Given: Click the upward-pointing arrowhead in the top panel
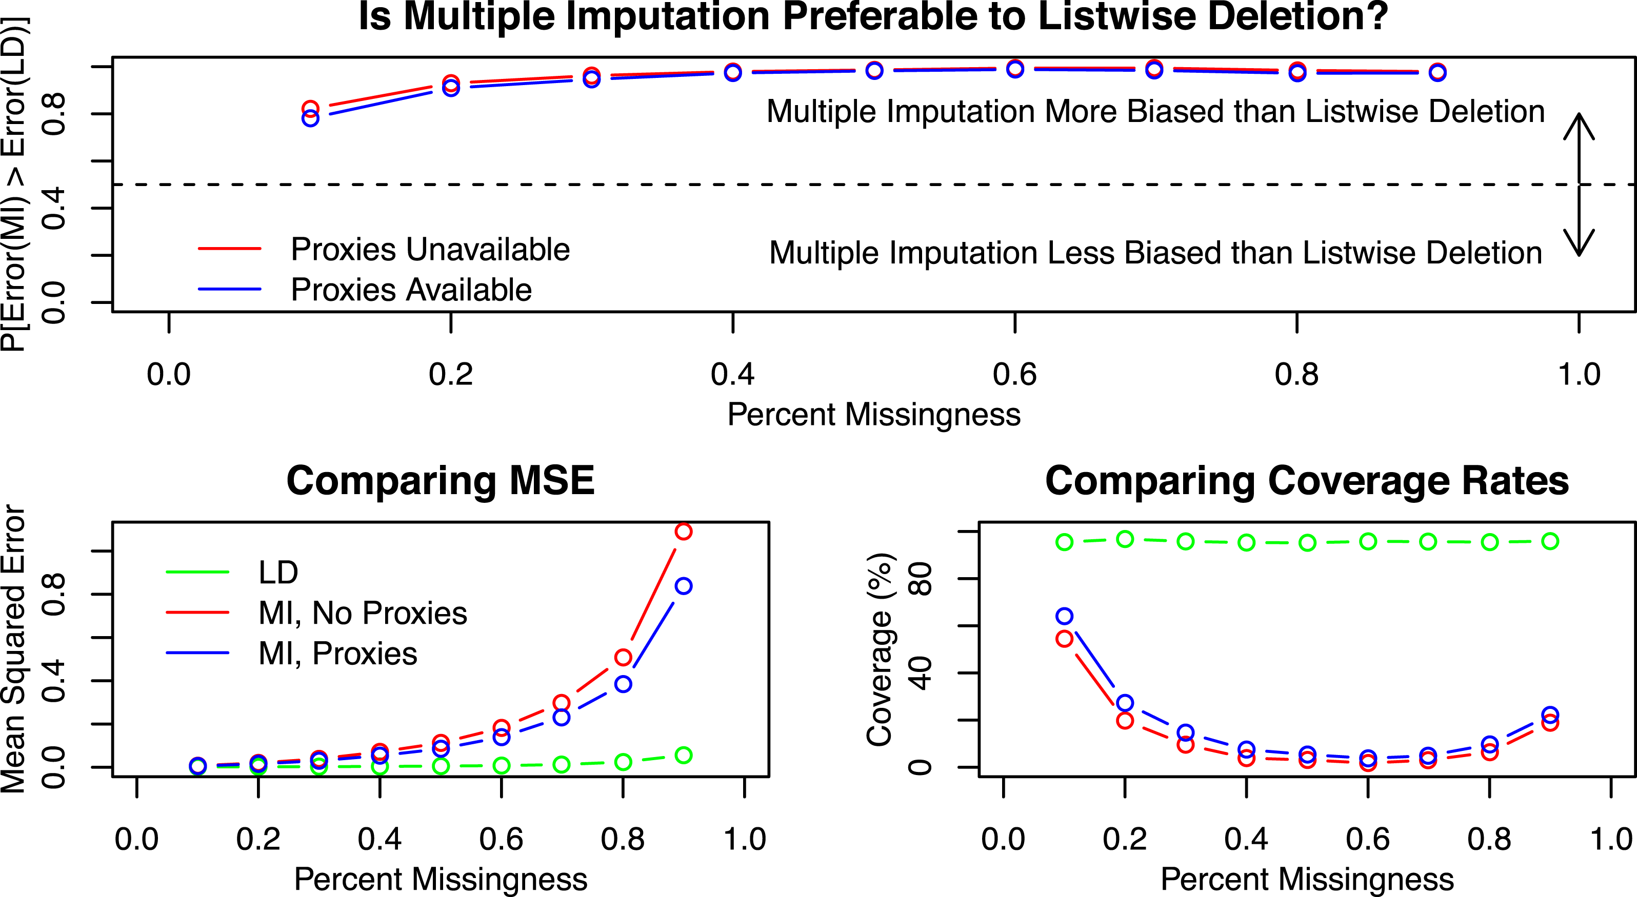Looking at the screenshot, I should point(1579,124).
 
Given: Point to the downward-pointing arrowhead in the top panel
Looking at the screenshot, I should point(1579,244).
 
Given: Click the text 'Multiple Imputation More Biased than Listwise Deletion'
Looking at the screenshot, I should point(1155,112).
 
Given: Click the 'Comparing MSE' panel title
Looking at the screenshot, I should point(441,481).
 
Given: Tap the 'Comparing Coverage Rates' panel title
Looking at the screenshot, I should point(1307,481).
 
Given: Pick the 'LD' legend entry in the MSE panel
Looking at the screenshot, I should point(278,573).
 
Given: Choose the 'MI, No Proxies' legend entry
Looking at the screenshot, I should point(362,613).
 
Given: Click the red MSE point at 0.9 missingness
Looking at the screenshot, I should point(683,531).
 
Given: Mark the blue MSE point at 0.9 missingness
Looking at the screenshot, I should point(683,586).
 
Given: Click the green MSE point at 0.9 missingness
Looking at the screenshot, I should point(683,756).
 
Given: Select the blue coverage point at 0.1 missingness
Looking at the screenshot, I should point(1065,616).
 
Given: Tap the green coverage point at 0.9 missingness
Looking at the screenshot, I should point(1550,541).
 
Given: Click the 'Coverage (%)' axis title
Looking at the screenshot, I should point(880,649).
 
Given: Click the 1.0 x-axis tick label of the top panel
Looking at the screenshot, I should point(1579,375).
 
